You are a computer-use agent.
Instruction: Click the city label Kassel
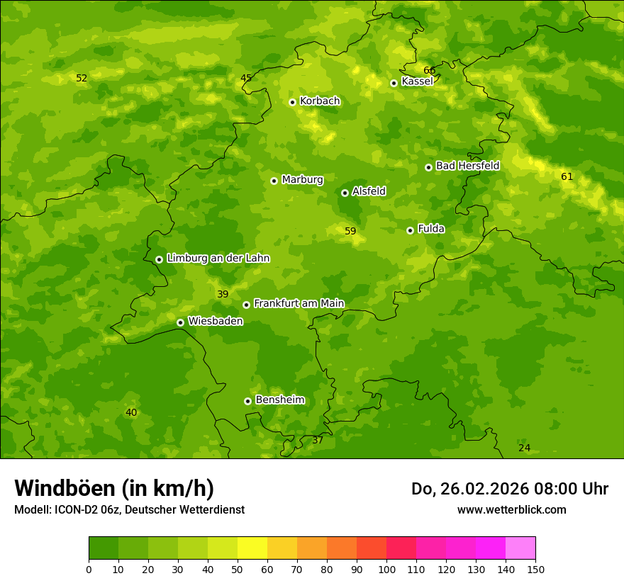point(417,81)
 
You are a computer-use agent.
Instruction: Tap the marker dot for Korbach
point(292,102)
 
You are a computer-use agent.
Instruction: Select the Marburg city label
point(302,180)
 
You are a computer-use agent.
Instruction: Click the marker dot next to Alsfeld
point(345,193)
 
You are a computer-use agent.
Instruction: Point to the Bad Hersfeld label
point(467,166)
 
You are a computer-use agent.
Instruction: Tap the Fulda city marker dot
point(410,230)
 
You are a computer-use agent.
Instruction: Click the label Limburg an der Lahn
point(218,259)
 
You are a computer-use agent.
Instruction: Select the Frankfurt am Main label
point(299,303)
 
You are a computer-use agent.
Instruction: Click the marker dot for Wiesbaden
point(180,322)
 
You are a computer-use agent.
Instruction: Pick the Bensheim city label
point(279,400)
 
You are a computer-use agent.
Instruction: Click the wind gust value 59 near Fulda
point(350,231)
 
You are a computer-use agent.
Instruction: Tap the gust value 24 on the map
point(524,448)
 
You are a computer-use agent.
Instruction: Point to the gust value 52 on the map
point(82,78)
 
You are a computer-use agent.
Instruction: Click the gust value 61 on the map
point(567,176)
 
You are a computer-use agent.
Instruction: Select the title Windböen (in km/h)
point(114,488)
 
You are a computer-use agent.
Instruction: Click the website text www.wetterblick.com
point(511,509)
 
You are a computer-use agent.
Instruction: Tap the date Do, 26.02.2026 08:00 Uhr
point(509,489)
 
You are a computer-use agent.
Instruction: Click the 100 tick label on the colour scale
point(386,569)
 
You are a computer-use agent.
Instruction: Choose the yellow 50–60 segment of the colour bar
point(252,548)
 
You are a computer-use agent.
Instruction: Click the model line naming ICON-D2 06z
point(129,509)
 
